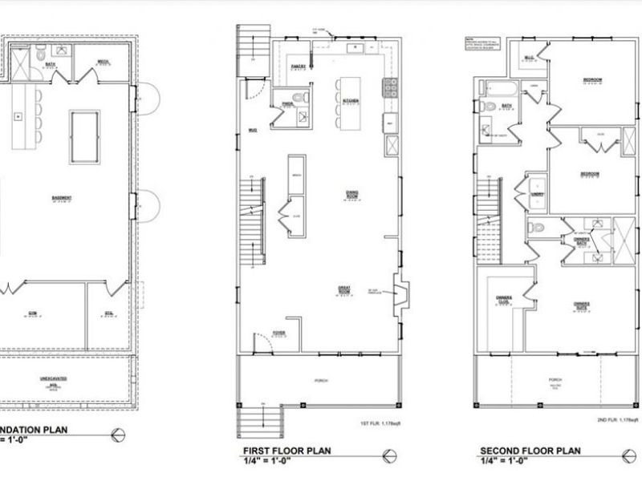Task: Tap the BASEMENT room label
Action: pyautogui.click(x=63, y=199)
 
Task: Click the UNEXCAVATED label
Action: pyautogui.click(x=53, y=379)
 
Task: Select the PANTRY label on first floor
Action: pyautogui.click(x=297, y=68)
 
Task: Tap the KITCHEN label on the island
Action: pyautogui.click(x=350, y=101)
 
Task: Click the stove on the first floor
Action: pyautogui.click(x=392, y=87)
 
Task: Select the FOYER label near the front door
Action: pyautogui.click(x=278, y=332)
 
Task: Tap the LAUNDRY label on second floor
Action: pyautogui.click(x=537, y=193)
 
